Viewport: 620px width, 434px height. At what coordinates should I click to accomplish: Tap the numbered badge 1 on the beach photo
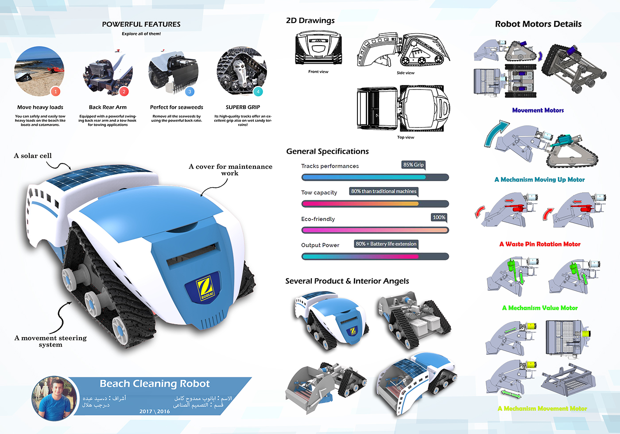coord(55,91)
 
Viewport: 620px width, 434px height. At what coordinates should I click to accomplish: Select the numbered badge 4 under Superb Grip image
coord(258,92)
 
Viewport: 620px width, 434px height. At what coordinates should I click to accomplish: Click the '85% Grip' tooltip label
coord(413,165)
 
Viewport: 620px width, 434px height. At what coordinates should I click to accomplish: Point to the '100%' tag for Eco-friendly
coord(439,217)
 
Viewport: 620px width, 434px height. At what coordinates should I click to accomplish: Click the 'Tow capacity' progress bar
coord(375,204)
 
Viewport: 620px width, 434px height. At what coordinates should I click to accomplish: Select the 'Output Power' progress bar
coord(375,256)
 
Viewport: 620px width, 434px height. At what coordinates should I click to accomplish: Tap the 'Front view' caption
coord(318,72)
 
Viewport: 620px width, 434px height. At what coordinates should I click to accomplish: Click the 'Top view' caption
coord(405,137)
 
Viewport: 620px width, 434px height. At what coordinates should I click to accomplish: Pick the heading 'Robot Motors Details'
coord(538,24)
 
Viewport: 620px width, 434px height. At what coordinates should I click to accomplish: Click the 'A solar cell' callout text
coord(33,156)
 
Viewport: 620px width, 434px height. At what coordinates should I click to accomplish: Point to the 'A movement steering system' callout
coord(50,341)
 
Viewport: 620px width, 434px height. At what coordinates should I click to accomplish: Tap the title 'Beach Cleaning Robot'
coord(155,384)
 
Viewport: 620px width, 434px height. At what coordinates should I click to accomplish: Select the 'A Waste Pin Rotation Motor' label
coord(539,244)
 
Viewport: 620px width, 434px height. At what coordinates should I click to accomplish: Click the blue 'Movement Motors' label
coord(538,110)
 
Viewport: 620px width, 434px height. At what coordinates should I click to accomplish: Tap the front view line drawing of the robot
coord(318,48)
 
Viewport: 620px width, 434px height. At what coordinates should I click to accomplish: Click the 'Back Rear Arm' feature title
coord(108,107)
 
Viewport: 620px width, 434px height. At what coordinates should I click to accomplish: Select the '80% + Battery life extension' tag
coord(386,244)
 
